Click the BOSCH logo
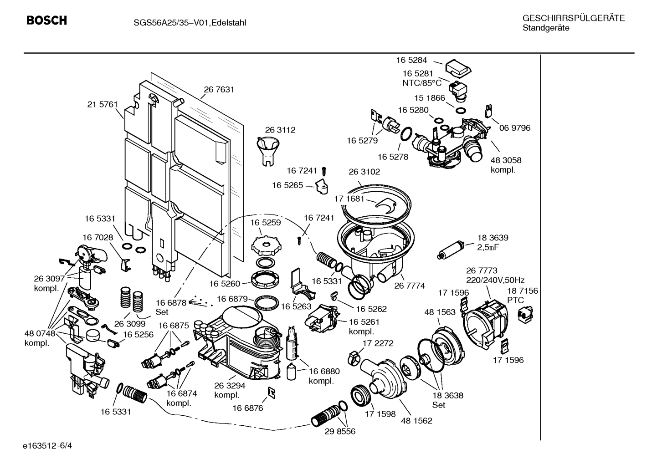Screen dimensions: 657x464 click(46, 20)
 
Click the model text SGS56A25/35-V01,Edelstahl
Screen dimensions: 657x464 click(190, 23)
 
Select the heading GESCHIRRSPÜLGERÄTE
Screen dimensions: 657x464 click(574, 18)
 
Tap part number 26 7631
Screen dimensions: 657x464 click(219, 89)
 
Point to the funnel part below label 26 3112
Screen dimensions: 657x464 click(268, 152)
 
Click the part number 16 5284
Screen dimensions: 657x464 click(412, 60)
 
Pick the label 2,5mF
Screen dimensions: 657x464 click(488, 247)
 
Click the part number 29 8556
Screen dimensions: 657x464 click(340, 432)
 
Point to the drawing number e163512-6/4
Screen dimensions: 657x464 click(47, 446)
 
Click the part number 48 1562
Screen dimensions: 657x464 click(416, 421)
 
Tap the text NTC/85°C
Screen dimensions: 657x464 click(422, 83)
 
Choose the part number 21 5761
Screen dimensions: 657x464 click(103, 104)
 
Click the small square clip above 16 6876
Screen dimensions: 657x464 click(272, 393)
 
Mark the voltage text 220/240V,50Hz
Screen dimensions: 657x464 click(495, 280)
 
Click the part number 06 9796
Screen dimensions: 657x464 click(515, 128)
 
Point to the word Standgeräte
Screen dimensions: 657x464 click(546, 28)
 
